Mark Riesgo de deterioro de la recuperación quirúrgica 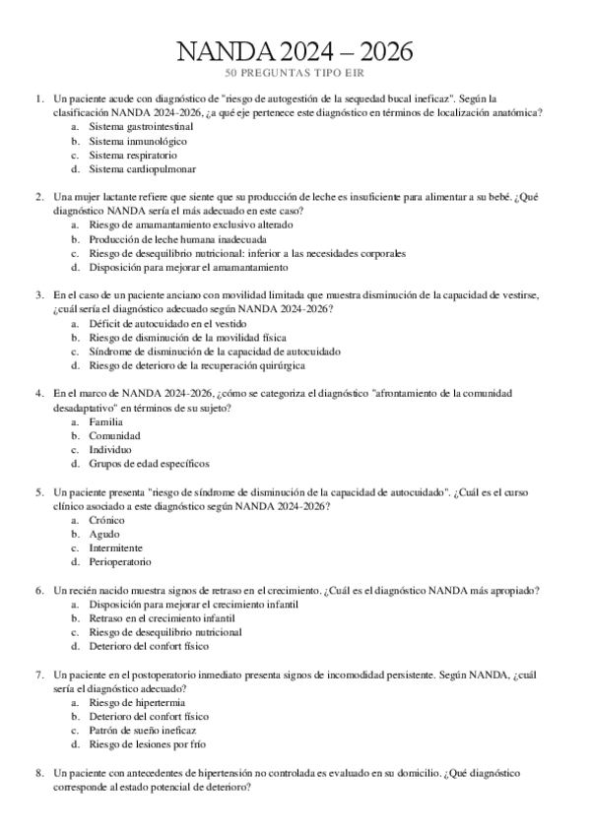point(196,364)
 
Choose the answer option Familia point(105,421)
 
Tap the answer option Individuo point(110,449)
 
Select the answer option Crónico point(106,519)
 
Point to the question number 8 point(38,773)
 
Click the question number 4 point(38,393)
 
